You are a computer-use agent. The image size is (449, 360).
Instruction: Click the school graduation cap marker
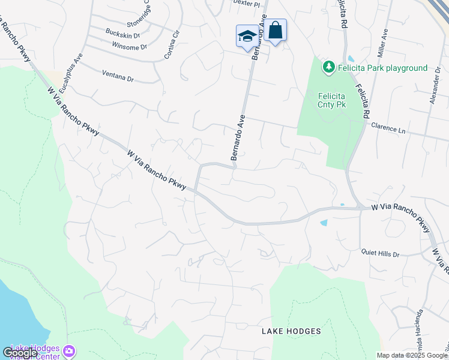[x=247, y=36]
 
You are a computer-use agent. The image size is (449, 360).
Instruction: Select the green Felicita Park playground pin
[x=328, y=68]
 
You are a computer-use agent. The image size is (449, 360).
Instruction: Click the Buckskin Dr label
[x=122, y=35]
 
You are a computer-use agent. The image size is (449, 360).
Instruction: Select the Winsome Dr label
[x=129, y=46]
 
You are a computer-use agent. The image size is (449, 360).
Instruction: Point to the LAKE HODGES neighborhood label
[x=291, y=331]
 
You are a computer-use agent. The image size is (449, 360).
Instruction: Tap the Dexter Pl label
[x=248, y=4]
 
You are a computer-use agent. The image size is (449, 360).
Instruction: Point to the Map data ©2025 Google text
[x=412, y=355]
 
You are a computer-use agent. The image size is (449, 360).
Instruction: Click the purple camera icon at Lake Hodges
[x=70, y=350]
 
